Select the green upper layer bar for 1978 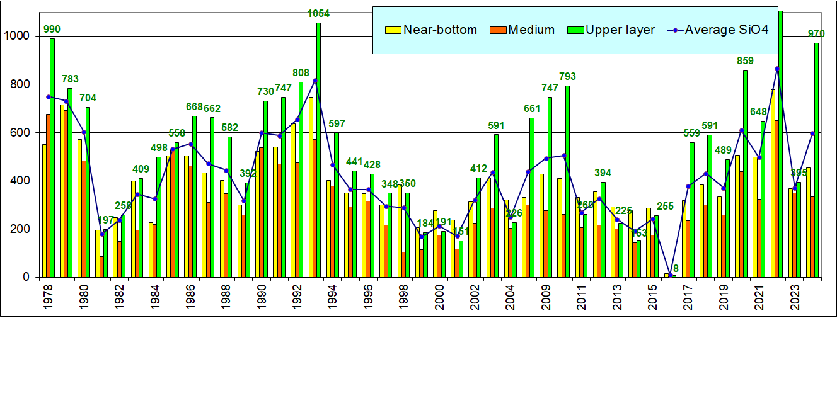pos(52,157)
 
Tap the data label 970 pos(816,33)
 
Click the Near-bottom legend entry pos(432,30)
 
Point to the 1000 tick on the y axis pos(19,36)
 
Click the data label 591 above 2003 pos(497,125)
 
